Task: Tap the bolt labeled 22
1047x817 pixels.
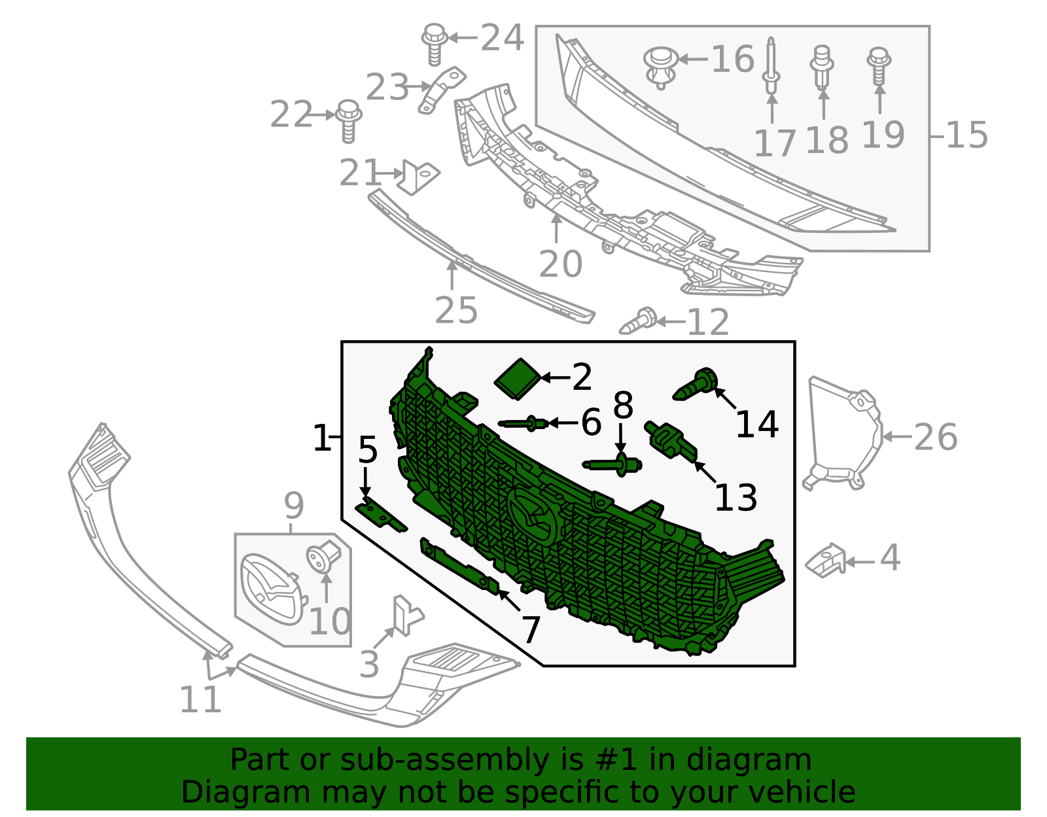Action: point(348,121)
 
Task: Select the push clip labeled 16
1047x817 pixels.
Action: point(660,67)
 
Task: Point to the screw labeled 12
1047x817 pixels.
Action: point(638,321)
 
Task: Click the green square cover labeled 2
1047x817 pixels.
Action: point(518,378)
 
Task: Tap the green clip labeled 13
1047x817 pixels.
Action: point(671,440)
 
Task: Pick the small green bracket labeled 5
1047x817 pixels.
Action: point(381,517)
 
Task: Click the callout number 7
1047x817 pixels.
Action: point(531,630)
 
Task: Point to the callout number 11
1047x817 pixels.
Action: point(200,699)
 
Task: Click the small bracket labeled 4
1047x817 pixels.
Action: point(826,561)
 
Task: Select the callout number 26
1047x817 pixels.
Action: point(935,437)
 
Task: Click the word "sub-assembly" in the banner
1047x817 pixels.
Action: point(445,760)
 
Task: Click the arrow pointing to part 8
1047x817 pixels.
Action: point(621,439)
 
